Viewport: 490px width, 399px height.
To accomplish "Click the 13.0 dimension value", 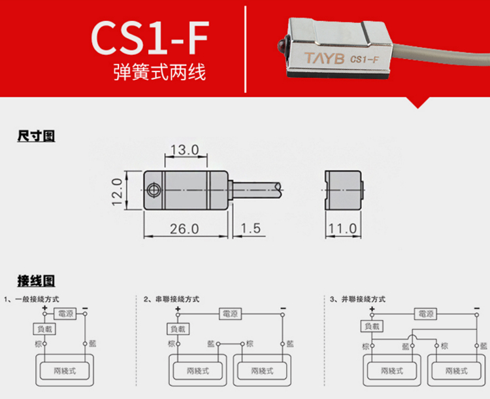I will pyautogui.click(x=184, y=150).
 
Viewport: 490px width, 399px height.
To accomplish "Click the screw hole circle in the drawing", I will pyautogui.click(x=154, y=190).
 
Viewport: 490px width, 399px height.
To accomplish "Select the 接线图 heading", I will pyautogui.click(x=36, y=281).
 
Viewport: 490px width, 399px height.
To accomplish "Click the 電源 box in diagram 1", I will pyautogui.click(x=66, y=314).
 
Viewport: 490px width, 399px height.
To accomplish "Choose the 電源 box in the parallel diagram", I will pyautogui.click(x=425, y=314).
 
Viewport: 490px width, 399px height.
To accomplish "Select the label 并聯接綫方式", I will pyautogui.click(x=363, y=299).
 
